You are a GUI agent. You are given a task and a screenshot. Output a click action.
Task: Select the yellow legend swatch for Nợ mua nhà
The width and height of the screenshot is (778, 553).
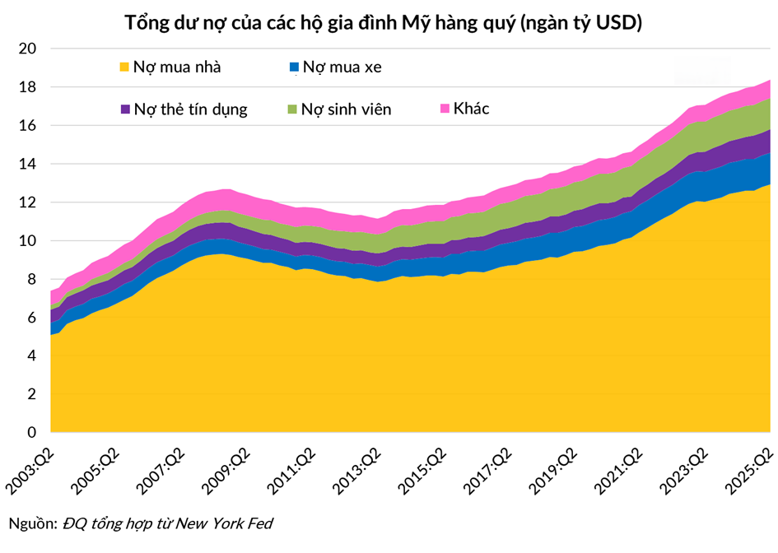(124, 67)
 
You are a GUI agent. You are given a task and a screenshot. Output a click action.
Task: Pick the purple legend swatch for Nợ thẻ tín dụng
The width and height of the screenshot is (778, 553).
(124, 109)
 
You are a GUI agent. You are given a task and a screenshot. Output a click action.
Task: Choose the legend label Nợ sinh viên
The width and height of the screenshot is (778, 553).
(346, 109)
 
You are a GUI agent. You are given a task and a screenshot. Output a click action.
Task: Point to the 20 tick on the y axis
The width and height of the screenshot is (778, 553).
(28, 49)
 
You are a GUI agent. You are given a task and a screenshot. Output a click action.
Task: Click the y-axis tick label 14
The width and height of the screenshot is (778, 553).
(28, 164)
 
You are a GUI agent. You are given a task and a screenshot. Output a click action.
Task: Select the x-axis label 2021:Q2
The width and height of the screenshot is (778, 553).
(629, 469)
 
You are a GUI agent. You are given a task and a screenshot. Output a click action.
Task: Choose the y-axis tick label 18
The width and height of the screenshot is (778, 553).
(28, 87)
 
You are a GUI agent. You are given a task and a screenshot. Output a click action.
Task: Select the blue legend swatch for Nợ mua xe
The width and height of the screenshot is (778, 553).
(294, 67)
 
